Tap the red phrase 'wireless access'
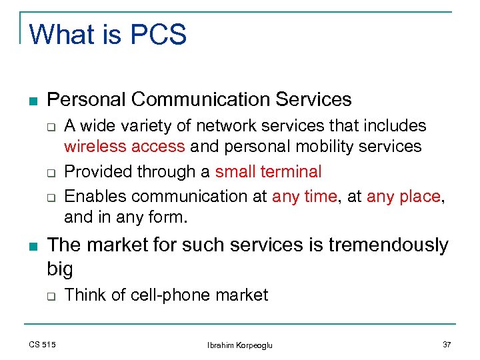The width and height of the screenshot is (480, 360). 125,146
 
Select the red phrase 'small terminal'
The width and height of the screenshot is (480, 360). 268,171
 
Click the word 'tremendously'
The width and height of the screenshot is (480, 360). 388,245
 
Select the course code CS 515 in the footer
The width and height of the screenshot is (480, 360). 42,344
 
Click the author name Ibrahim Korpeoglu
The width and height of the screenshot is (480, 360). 240,345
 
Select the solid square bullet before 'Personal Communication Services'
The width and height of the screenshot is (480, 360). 33,101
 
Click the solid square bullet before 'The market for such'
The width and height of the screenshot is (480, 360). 33,246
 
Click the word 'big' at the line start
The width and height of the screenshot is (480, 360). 60,269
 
